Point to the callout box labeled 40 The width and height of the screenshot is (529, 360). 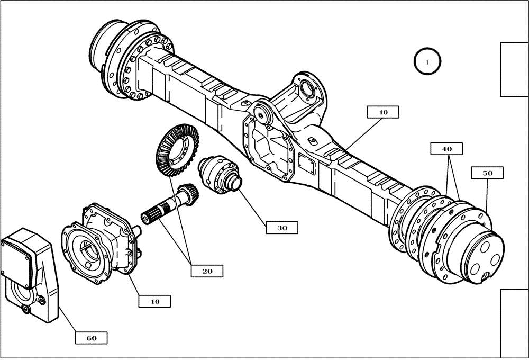point(447,149)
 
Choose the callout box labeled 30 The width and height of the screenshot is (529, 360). point(282,228)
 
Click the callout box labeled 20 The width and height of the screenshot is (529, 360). point(207,271)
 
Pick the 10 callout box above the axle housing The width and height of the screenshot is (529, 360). point(383,112)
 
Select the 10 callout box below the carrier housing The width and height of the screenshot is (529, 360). point(154,301)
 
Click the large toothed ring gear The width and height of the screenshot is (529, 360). point(175,150)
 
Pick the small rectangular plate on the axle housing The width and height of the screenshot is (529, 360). point(307,165)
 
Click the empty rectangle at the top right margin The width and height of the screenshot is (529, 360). point(514,69)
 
